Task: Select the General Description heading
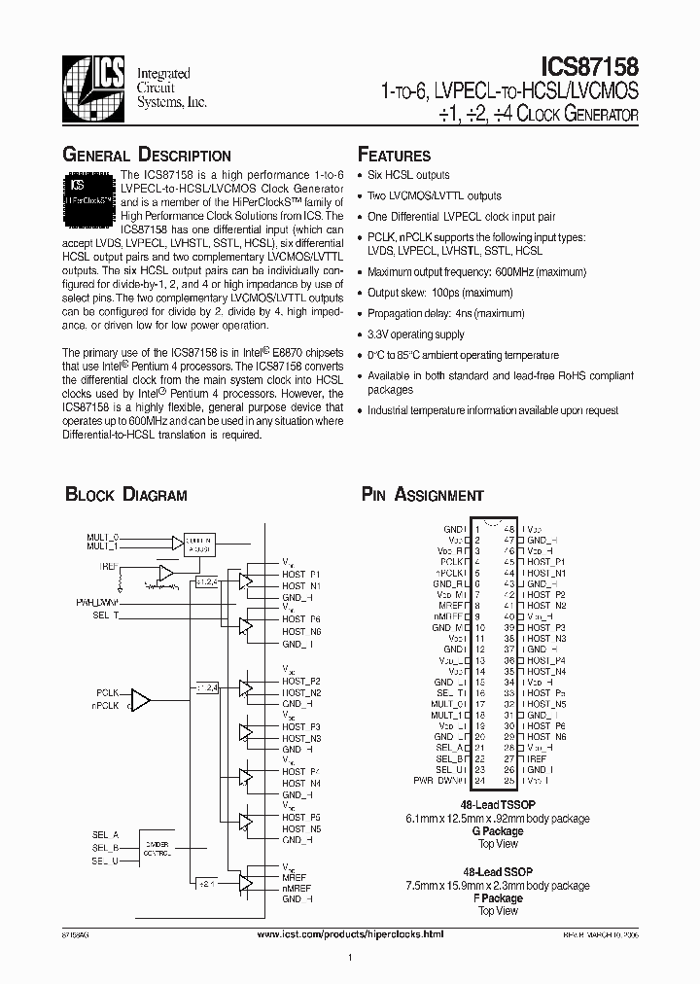coord(147,156)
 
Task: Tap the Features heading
coord(394,156)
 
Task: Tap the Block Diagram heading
coord(125,495)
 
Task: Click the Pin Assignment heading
coord(422,495)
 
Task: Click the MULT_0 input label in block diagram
coord(102,537)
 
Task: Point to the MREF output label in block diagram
coord(294,877)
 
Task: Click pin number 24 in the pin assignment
coord(479,781)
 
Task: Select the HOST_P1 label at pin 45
coord(545,562)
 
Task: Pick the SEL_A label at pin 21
coord(452,748)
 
